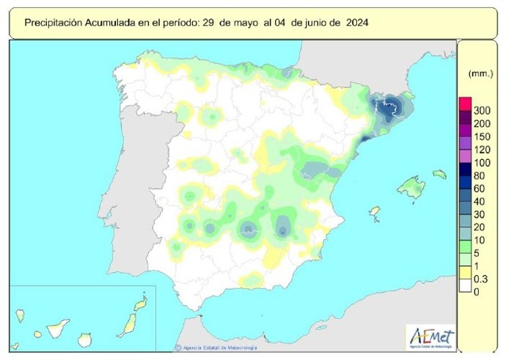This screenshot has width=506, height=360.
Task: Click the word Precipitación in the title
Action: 54,23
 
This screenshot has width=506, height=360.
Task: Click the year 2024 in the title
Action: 355,23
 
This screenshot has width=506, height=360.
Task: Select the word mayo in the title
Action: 246,23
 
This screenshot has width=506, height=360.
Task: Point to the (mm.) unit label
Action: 478,74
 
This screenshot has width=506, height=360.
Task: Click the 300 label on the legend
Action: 482,110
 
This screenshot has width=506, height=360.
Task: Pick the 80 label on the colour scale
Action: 479,176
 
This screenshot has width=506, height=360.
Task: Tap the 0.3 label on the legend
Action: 481,279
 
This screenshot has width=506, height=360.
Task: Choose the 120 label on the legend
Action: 482,150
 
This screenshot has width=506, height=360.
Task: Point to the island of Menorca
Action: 439,175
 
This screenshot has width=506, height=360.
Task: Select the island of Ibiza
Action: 375,213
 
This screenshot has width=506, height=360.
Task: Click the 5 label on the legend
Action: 477,253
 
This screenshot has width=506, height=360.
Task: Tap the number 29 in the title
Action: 208,23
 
